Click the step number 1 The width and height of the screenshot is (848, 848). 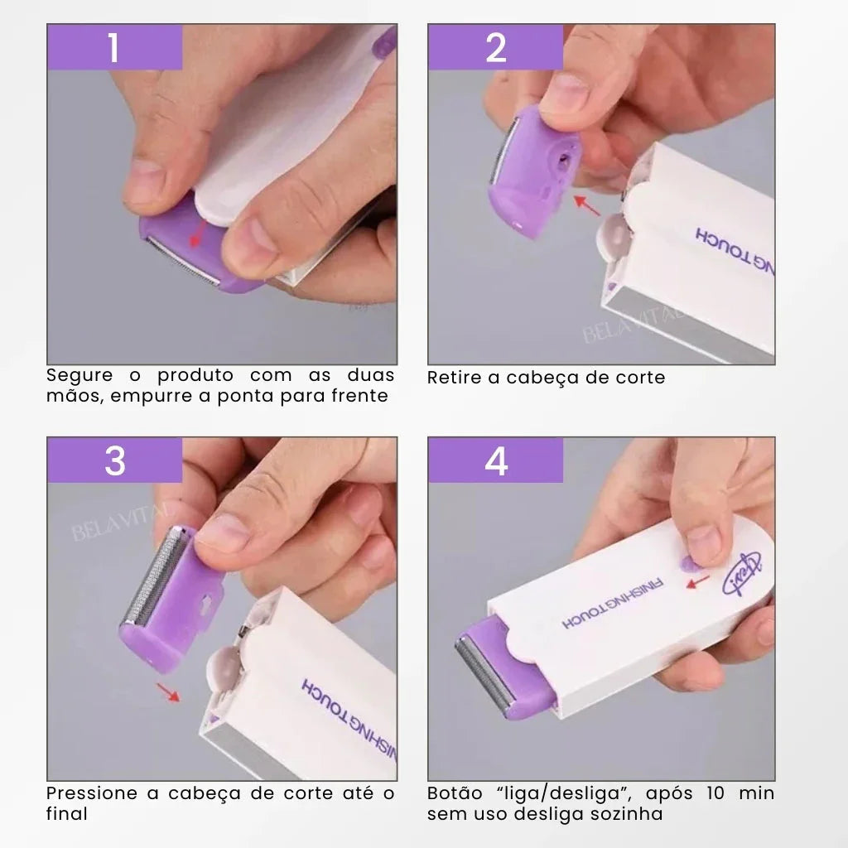point(113,48)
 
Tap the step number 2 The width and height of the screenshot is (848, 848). point(495,48)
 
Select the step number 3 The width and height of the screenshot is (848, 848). point(114,460)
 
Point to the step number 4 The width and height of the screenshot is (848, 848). point(495,460)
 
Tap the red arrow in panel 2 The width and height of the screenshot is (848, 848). point(587,205)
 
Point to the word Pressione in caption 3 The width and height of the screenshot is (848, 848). point(92,793)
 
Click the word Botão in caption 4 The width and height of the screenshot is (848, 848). point(451,793)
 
